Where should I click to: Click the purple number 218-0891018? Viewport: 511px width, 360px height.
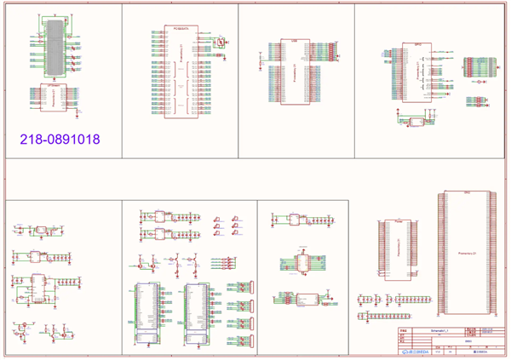pos(60,137)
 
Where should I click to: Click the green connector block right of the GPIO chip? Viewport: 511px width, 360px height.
pos(477,67)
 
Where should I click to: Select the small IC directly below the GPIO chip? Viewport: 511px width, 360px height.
pos(416,122)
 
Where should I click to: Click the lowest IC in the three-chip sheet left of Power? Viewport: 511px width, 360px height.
pos(307,298)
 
